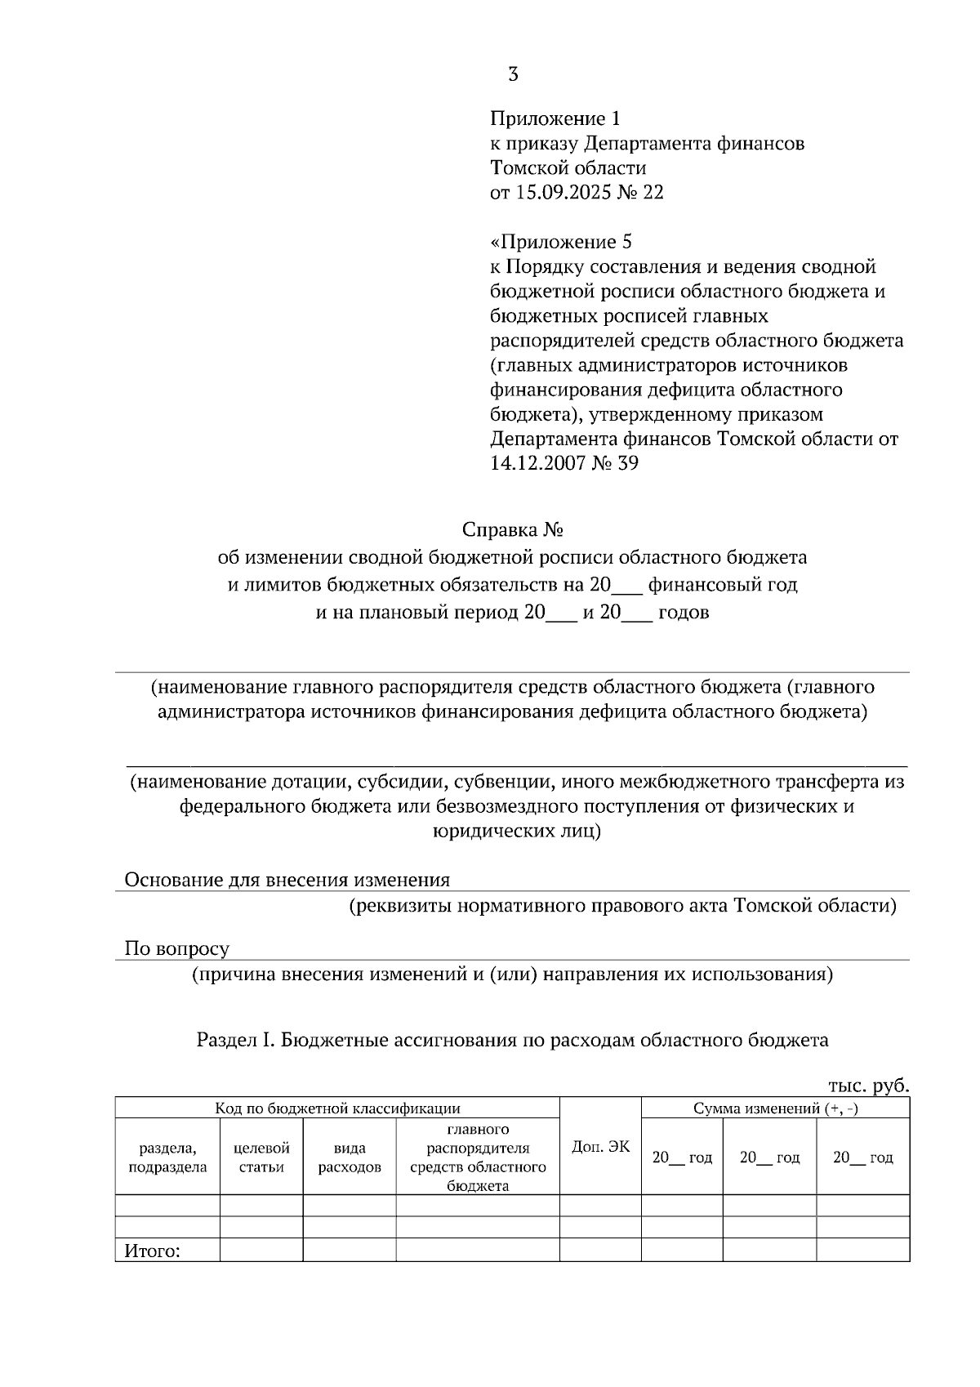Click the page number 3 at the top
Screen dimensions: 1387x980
[x=513, y=75]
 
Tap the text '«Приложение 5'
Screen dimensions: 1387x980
[x=561, y=242]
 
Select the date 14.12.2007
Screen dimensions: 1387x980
[x=541, y=463]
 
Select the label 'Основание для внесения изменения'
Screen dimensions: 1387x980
[x=287, y=880]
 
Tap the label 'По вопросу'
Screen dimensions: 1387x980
[x=176, y=948]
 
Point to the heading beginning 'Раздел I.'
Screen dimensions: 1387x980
[x=512, y=1040]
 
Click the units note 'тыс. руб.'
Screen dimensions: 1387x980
[x=868, y=1086]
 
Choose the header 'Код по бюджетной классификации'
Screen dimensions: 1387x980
[x=337, y=1108]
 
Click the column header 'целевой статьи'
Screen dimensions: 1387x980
[x=261, y=1157]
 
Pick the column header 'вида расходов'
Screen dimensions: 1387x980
[x=350, y=1157]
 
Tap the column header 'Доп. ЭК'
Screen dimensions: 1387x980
[x=600, y=1147]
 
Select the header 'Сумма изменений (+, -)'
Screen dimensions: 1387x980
[x=775, y=1108]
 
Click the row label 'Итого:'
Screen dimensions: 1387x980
[x=151, y=1251]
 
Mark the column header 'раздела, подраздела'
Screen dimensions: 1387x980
[x=167, y=1157]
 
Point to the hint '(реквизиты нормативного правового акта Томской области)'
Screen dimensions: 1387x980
[x=623, y=906]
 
